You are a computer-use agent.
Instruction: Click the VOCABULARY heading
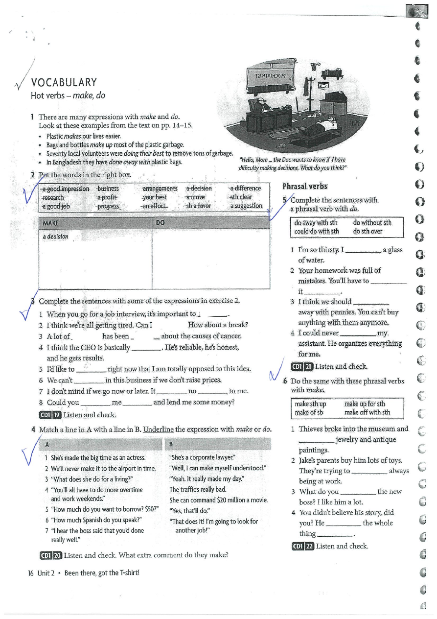[64, 82]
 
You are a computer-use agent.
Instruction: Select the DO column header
[161, 223]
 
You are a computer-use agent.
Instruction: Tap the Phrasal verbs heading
[305, 186]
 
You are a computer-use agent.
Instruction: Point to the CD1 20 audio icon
[50, 555]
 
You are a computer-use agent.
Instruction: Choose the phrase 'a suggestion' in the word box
[246, 206]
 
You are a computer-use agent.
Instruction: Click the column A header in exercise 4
[47, 445]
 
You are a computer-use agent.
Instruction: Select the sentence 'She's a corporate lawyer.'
[202, 457]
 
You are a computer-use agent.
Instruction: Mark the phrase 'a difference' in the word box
[245, 189]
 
